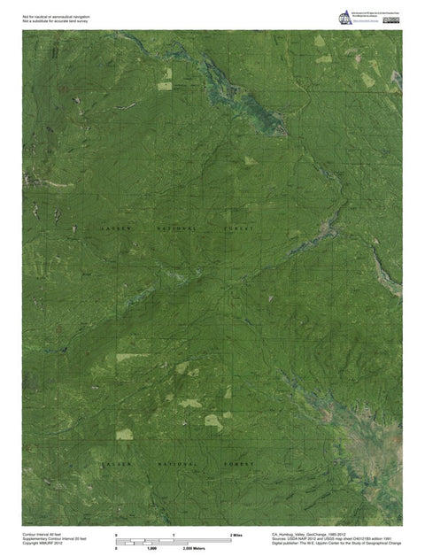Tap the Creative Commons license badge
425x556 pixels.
391,19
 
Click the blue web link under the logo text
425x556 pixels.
365,24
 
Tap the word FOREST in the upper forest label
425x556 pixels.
239,228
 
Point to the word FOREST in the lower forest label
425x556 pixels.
239,464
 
